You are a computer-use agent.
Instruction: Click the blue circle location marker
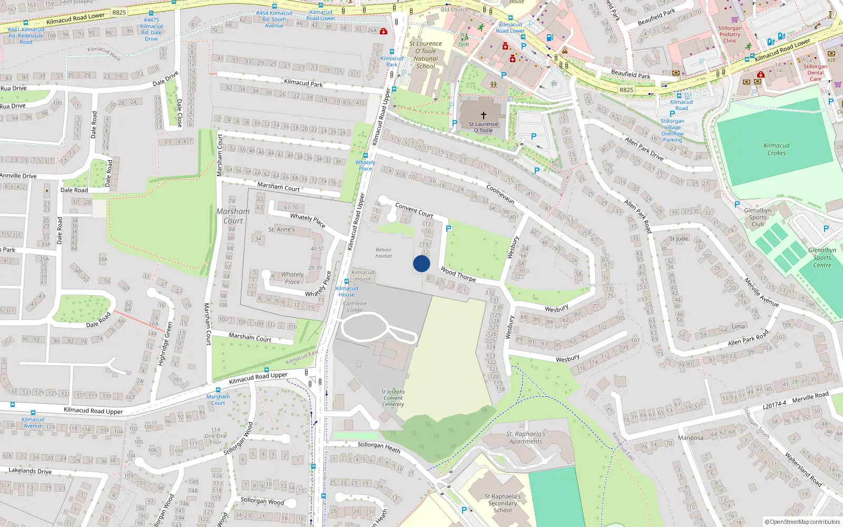[x=421, y=263]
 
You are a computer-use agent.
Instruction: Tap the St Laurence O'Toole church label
[x=483, y=128]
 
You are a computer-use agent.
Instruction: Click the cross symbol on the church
[x=483, y=115]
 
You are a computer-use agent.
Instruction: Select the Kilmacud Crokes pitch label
[x=777, y=149]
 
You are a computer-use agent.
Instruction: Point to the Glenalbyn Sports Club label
[x=758, y=217]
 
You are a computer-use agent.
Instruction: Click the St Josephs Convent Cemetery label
[x=393, y=398]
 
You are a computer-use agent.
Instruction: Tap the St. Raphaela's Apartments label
[x=526, y=438]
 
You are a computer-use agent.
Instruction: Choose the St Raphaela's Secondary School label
[x=503, y=503]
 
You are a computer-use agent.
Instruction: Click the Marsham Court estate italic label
[x=233, y=216]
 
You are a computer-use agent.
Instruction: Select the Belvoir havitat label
[x=384, y=253]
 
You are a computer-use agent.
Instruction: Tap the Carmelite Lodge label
[x=355, y=307]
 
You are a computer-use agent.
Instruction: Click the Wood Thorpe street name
[x=458, y=274]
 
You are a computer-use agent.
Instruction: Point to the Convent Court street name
[x=414, y=210]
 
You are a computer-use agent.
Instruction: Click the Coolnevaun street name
[x=500, y=194]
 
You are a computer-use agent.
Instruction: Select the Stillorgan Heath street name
[x=379, y=447]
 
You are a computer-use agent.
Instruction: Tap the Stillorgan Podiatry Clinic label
[x=730, y=34]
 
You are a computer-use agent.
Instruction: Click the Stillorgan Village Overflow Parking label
[x=672, y=130]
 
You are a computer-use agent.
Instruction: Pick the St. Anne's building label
[x=281, y=230]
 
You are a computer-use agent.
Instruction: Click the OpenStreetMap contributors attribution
[x=802, y=522]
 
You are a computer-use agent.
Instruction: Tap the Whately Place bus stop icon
[x=365, y=155]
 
